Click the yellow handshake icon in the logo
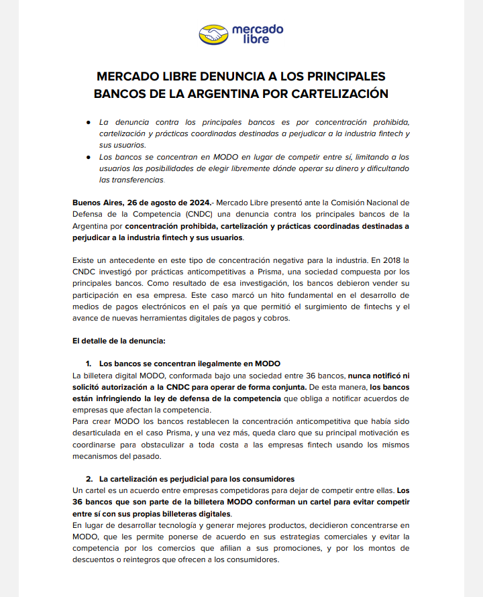[213, 34]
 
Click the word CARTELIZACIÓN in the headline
[339, 94]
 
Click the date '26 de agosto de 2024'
[164, 203]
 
